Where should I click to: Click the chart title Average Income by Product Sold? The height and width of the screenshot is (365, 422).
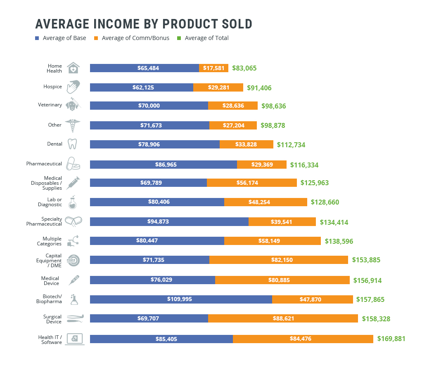[x=144, y=24]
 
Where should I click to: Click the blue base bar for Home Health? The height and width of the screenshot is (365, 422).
[x=144, y=68]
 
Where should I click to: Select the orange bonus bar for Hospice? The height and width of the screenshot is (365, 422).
[x=218, y=87]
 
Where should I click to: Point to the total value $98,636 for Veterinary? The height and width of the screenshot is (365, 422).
[x=273, y=106]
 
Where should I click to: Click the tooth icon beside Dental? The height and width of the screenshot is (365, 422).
[x=72, y=144]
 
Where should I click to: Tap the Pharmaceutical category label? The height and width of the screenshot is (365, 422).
[x=44, y=164]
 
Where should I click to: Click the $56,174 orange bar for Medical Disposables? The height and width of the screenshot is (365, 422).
[x=252, y=183]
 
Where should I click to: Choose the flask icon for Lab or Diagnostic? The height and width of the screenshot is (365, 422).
[x=73, y=202]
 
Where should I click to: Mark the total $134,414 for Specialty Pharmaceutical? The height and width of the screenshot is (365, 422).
[x=334, y=222]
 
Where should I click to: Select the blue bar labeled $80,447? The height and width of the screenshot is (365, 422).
[x=157, y=241]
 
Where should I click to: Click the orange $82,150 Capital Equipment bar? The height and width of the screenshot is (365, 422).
[x=279, y=260]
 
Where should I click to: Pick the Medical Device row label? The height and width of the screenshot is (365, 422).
[x=50, y=281]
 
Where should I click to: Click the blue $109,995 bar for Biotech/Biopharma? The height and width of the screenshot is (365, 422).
[x=181, y=299]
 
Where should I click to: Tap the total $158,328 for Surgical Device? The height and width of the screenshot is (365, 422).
[x=376, y=319]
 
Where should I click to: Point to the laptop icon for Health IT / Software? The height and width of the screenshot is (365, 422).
[x=74, y=339]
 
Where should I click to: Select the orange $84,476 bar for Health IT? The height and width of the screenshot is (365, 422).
[x=303, y=339]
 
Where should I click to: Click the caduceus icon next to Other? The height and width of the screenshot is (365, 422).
[x=73, y=125]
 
